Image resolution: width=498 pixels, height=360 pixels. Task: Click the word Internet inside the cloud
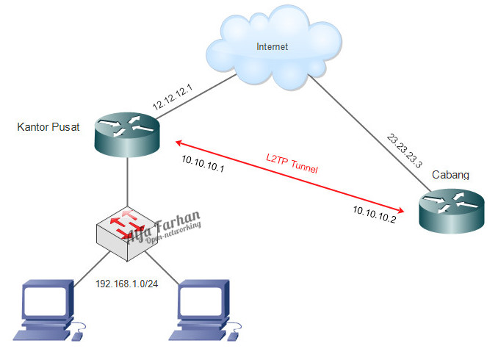pos(272,47)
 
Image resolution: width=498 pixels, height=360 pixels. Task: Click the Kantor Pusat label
pos(47,128)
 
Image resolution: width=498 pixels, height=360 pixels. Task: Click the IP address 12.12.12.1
pos(173,97)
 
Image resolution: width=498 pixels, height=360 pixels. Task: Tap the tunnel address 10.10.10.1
pos(202,168)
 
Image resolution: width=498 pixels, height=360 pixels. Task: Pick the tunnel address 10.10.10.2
pos(374,215)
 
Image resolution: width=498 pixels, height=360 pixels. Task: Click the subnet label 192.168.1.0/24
pos(127,283)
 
